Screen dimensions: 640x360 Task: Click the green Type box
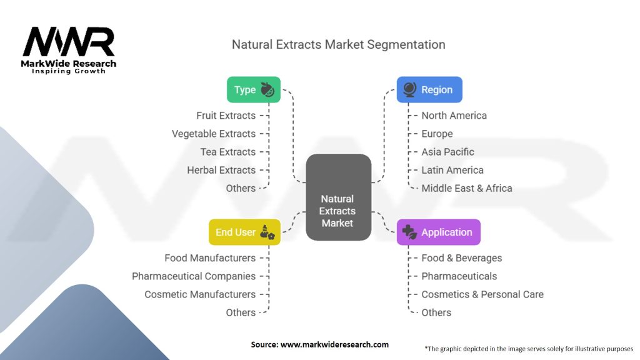pyautogui.click(x=254, y=89)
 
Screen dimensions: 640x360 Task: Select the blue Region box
pyautogui.click(x=429, y=89)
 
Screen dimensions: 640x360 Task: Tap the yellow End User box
pyautogui.click(x=244, y=232)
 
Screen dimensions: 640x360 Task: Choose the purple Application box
pyautogui.click(x=438, y=232)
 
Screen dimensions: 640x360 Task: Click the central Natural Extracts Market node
pyautogui.click(x=338, y=197)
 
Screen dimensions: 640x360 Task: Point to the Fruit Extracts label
pyautogui.click(x=226, y=116)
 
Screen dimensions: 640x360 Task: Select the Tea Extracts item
pyautogui.click(x=227, y=152)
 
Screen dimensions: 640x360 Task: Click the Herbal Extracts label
pyautogui.click(x=221, y=170)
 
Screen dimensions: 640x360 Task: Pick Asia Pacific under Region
pyautogui.click(x=447, y=152)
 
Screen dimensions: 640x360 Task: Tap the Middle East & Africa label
pyautogui.click(x=466, y=188)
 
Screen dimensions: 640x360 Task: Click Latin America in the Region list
pyautogui.click(x=452, y=170)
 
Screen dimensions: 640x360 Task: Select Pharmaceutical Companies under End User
pyautogui.click(x=194, y=276)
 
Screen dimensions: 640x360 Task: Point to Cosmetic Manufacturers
pyautogui.click(x=200, y=294)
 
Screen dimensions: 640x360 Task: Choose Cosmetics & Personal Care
pyautogui.click(x=482, y=294)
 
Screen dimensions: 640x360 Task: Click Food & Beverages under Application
pyautogui.click(x=462, y=258)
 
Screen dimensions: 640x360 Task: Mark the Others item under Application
pyautogui.click(x=436, y=312)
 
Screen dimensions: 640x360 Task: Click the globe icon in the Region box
pyautogui.click(x=410, y=89)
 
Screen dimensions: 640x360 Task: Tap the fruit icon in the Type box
pyautogui.click(x=267, y=89)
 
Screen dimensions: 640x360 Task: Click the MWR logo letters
pyautogui.click(x=69, y=41)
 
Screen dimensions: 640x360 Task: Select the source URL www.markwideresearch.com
pyautogui.click(x=334, y=344)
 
